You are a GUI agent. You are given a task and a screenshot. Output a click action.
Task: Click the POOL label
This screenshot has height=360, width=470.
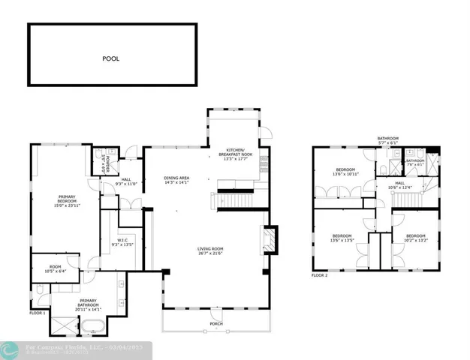pyautogui.click(x=111, y=58)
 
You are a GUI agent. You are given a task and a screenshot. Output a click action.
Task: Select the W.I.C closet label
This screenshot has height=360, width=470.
pyautogui.click(x=121, y=241)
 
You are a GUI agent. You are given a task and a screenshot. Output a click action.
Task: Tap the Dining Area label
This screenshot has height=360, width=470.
pyautogui.click(x=176, y=178)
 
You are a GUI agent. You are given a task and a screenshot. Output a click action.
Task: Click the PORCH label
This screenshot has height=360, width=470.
pyautogui.click(x=215, y=324)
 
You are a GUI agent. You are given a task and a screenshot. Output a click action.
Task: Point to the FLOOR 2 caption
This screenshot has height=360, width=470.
pyautogui.click(x=320, y=275)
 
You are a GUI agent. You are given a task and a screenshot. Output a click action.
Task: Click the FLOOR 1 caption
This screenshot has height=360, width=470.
pyautogui.click(x=38, y=312)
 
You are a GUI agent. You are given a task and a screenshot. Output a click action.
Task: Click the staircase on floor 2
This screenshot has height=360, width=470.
pyautogui.click(x=408, y=199)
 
